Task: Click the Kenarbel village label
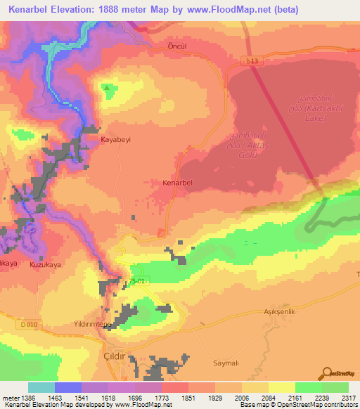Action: (x=177, y=183)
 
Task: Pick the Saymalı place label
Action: (x=227, y=363)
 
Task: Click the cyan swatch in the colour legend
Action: (x=41, y=387)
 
